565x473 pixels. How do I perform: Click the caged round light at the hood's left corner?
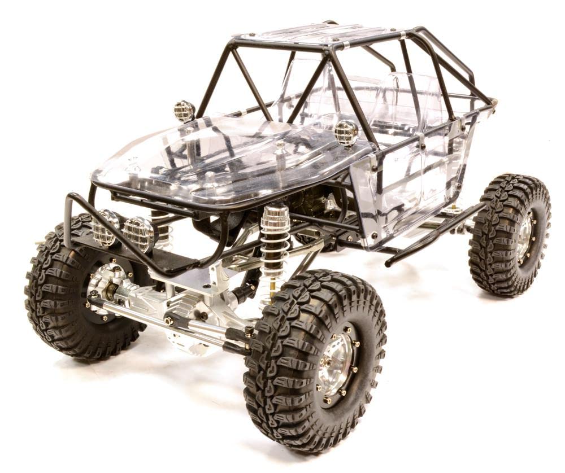184,111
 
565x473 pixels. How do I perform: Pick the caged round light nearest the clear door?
346,133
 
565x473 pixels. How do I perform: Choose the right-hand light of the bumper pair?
138,234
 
